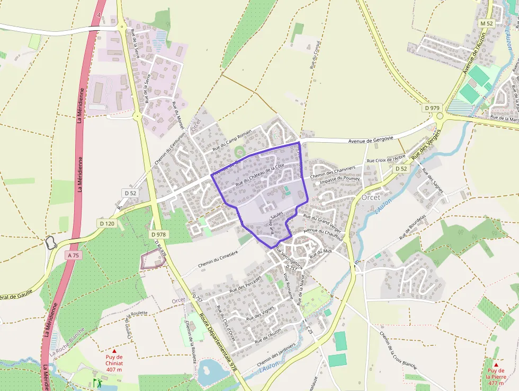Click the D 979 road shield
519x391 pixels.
tap(432, 108)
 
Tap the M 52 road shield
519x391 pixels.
tap(487, 23)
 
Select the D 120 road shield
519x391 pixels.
tap(107, 223)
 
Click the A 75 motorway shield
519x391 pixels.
tap(73, 255)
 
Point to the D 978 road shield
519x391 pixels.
tap(159, 234)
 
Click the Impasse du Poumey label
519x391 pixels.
tap(340, 179)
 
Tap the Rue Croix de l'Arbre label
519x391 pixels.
tap(387, 160)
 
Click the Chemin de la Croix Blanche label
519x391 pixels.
tap(398, 350)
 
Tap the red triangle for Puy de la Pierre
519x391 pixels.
tap(496, 364)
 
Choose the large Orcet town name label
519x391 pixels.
tap(371, 197)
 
